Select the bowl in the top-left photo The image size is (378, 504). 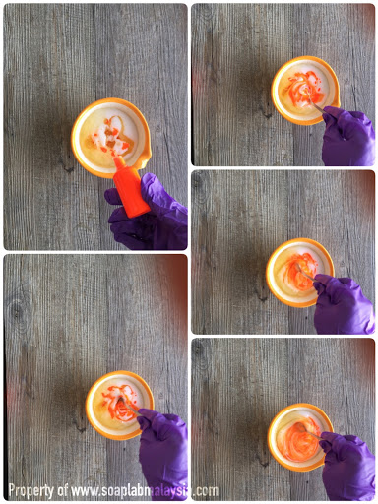[111, 138]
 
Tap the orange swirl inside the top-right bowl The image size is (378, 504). [303, 87]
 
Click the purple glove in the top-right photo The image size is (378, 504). [347, 136]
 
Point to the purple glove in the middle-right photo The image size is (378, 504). [343, 304]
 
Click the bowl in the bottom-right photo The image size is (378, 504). [300, 437]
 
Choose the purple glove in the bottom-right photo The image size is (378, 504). [347, 467]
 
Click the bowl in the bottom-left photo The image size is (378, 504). [119, 406]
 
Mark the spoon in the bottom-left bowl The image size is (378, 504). [129, 406]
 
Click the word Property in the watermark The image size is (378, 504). [31, 491]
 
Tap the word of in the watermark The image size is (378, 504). [63, 490]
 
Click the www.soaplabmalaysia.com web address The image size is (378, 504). [145, 491]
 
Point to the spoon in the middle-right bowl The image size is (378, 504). [305, 273]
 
